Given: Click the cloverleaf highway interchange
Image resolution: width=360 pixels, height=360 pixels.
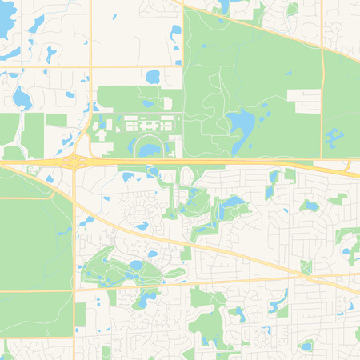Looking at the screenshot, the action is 74,162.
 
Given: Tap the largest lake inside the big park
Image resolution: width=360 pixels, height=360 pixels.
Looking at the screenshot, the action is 241,122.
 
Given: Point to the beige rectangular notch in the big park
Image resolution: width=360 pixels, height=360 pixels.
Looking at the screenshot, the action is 308,99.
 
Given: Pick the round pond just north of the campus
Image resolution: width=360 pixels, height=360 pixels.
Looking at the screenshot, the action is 153,77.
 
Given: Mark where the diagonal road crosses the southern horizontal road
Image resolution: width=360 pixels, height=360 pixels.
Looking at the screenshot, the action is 308,277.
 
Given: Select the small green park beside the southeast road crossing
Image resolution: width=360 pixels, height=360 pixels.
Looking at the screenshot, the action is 306,266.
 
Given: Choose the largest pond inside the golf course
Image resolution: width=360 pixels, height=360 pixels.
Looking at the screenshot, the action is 136,265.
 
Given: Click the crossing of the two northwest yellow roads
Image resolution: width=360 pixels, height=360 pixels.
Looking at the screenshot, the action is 90,66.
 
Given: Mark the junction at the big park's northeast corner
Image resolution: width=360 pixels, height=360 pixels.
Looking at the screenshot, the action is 322,47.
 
